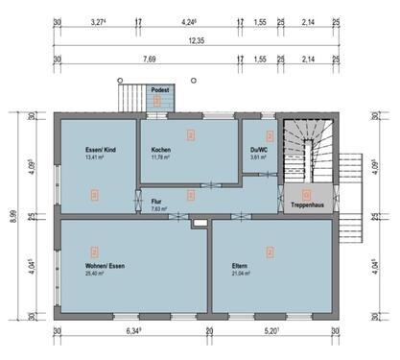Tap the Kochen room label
(x=161, y=151)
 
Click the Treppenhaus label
(x=306, y=205)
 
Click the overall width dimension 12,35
(x=196, y=41)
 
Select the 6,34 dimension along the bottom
(x=134, y=331)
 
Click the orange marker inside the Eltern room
(x=271, y=252)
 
